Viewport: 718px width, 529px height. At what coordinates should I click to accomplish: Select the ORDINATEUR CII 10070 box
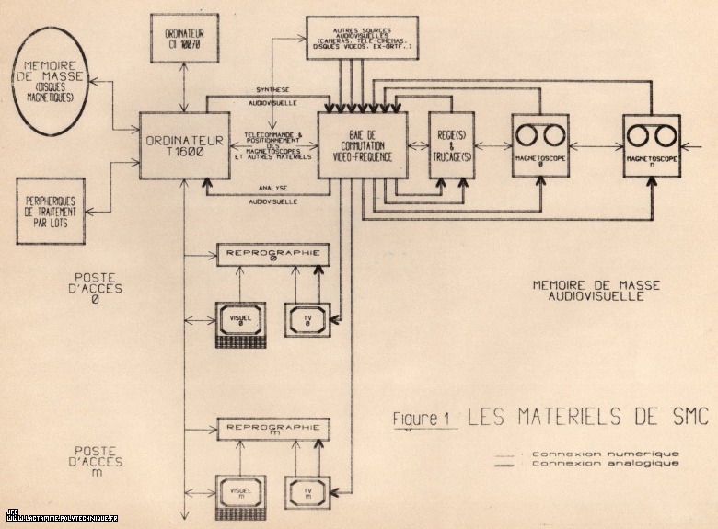184,39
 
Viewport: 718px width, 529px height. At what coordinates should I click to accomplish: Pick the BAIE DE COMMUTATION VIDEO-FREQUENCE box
362,144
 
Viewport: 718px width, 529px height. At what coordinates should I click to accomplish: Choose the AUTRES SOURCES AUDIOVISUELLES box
362,37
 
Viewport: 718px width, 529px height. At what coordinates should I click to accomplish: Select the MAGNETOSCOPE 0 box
540,144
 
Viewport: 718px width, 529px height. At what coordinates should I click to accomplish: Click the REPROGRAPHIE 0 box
273,253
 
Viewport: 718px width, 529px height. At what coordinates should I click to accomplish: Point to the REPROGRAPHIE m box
273,428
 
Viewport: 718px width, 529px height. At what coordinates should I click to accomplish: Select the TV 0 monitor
307,318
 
